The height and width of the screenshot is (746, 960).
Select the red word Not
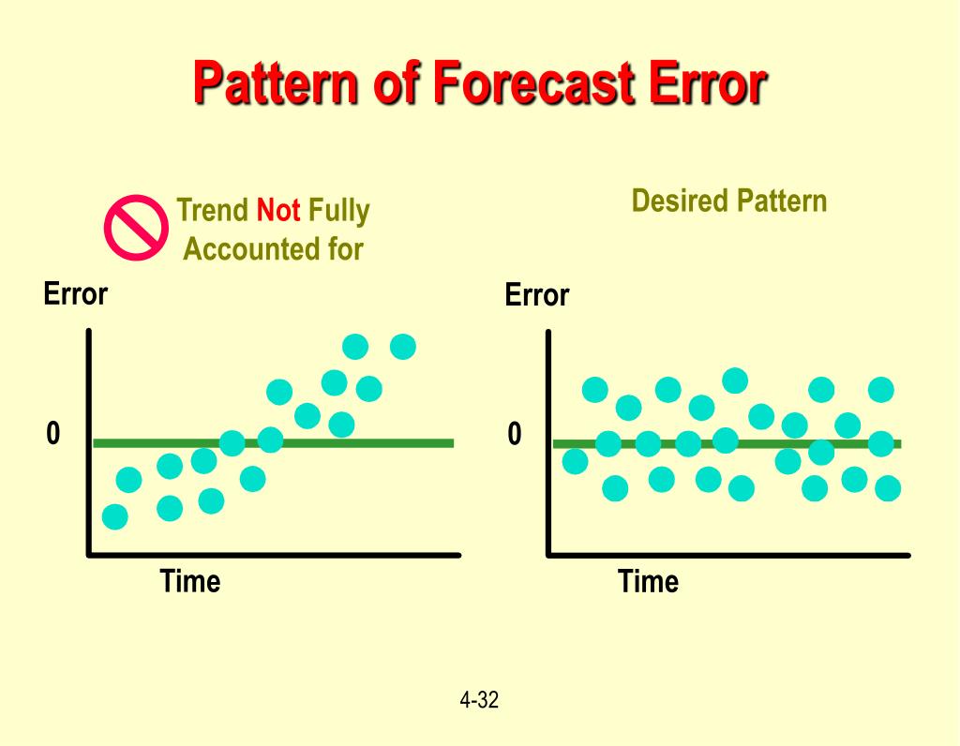pos(278,211)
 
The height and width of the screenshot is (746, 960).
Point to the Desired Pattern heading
pos(728,201)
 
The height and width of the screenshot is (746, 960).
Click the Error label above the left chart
pos(76,294)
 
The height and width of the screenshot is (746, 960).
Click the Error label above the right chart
pos(536,295)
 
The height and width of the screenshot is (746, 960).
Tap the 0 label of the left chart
pos(53,433)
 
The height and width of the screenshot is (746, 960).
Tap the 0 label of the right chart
pos(515,434)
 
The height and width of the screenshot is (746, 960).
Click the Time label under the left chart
pos(190,581)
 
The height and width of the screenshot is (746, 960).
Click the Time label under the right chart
pos(648,582)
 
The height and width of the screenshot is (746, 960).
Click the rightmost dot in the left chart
pos(402,346)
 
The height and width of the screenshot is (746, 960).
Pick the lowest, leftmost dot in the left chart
pos(114,516)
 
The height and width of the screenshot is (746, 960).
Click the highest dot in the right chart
pos(735,380)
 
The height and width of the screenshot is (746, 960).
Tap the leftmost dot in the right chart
pos(575,461)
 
